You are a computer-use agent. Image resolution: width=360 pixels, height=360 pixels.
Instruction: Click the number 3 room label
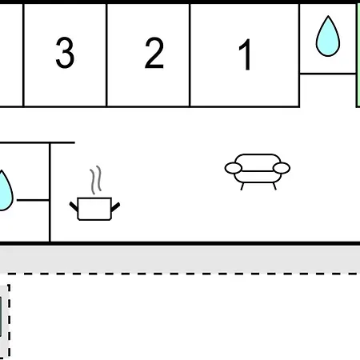(x=65, y=53)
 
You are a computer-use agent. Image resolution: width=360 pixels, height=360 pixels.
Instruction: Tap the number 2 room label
(x=154, y=53)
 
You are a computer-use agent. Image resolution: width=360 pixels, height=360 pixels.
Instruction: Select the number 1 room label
(x=246, y=54)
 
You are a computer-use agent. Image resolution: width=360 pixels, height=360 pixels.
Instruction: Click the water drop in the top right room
(x=328, y=36)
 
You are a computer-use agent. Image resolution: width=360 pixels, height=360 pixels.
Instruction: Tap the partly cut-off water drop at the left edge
(x=6, y=190)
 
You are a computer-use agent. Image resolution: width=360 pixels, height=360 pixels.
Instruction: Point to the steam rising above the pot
(x=96, y=180)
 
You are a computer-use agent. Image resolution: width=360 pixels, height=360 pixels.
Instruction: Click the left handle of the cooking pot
(x=74, y=206)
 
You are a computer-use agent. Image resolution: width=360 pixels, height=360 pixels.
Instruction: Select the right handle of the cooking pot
(x=115, y=207)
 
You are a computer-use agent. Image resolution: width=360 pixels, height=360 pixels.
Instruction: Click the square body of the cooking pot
(x=94, y=209)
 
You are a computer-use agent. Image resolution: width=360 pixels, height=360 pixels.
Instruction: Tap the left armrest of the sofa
(x=234, y=168)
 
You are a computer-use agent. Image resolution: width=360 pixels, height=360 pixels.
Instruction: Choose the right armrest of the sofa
(x=282, y=168)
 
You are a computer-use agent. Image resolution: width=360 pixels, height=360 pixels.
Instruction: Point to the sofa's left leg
(x=242, y=186)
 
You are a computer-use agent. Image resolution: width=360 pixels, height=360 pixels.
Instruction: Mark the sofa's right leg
(x=274, y=186)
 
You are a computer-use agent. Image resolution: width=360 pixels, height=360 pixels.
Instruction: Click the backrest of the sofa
(x=258, y=162)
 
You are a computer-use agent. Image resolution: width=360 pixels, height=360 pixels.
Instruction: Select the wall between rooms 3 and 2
(x=106, y=55)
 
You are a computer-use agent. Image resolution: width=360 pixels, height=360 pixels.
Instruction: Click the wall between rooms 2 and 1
(x=190, y=55)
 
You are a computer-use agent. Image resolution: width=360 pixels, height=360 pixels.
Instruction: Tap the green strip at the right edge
(x=358, y=55)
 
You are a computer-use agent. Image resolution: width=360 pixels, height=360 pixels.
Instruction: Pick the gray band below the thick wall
(x=180, y=259)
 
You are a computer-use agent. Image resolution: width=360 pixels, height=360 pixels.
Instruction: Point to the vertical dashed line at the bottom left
(x=9, y=322)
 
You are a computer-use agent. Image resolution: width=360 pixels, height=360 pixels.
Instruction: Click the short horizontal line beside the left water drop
(x=33, y=200)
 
